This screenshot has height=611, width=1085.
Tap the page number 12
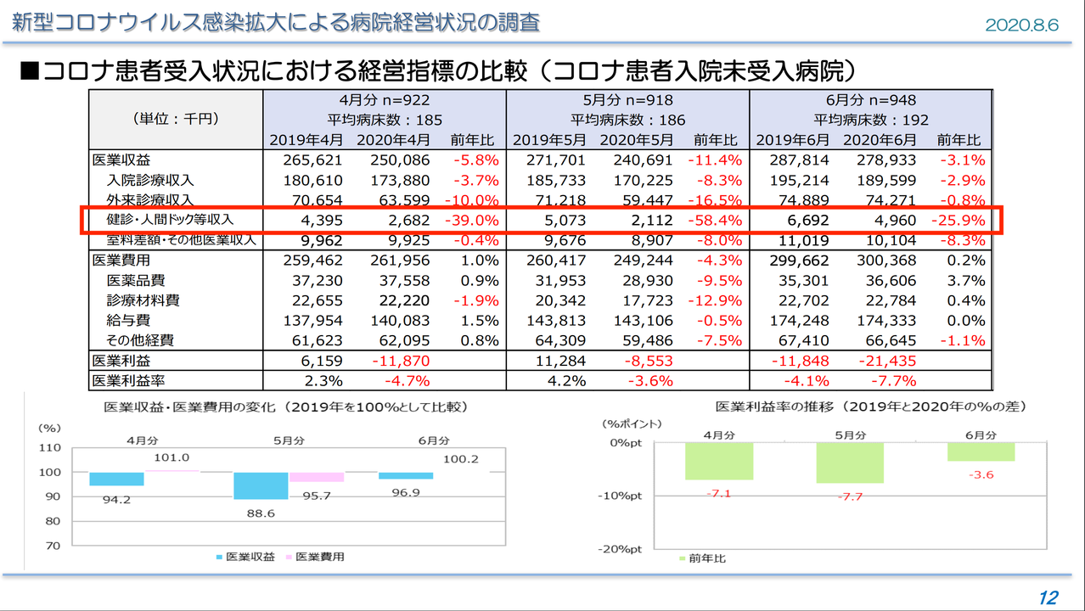click(x=1048, y=597)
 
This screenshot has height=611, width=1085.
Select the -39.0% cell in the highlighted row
click(x=472, y=221)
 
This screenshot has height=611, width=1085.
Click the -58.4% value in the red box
click(x=715, y=221)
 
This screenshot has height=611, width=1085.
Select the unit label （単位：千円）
click(x=175, y=119)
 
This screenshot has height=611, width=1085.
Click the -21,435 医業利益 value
click(x=885, y=361)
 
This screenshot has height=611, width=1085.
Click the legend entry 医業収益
click(x=245, y=557)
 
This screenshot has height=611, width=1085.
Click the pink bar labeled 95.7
click(x=316, y=477)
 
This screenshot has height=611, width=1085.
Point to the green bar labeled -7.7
click(x=849, y=462)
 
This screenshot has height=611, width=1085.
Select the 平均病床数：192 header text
click(x=870, y=120)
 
